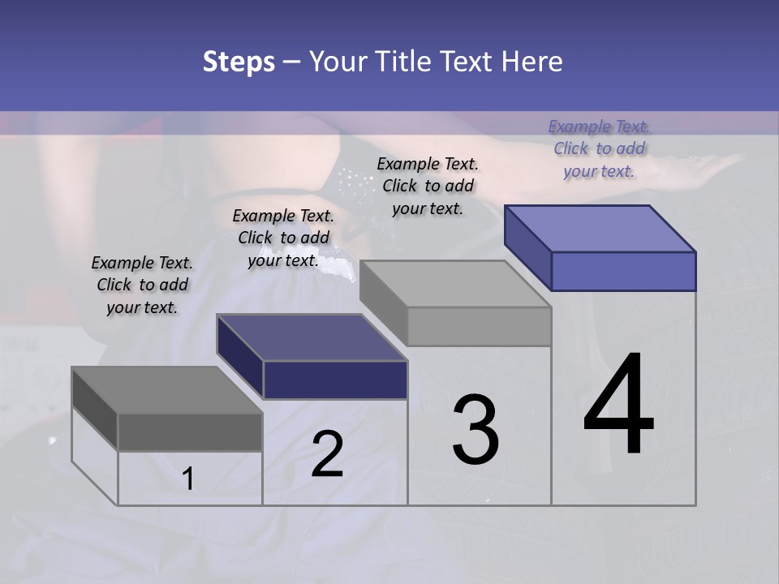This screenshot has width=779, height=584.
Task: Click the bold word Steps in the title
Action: click(239, 62)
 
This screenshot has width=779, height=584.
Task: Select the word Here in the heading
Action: click(532, 62)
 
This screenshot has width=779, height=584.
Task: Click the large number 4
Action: click(618, 406)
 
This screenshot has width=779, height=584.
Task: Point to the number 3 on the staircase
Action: click(475, 430)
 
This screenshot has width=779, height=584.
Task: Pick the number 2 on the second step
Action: click(327, 454)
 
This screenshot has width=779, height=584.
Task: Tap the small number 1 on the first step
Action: click(188, 479)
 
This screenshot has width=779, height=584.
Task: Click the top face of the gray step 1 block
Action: click(166, 390)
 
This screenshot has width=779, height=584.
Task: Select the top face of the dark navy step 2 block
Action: click(312, 337)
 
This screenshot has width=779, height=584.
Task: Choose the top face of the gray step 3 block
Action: click(455, 284)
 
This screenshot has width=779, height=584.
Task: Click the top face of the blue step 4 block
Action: click(600, 228)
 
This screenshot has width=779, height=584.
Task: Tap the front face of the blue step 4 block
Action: click(623, 271)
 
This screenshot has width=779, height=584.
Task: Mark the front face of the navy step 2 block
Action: click(335, 380)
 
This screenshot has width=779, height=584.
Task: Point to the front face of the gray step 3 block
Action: click(479, 326)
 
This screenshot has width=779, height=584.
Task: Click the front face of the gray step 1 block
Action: click(190, 432)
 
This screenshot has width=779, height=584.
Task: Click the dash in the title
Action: click(292, 62)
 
